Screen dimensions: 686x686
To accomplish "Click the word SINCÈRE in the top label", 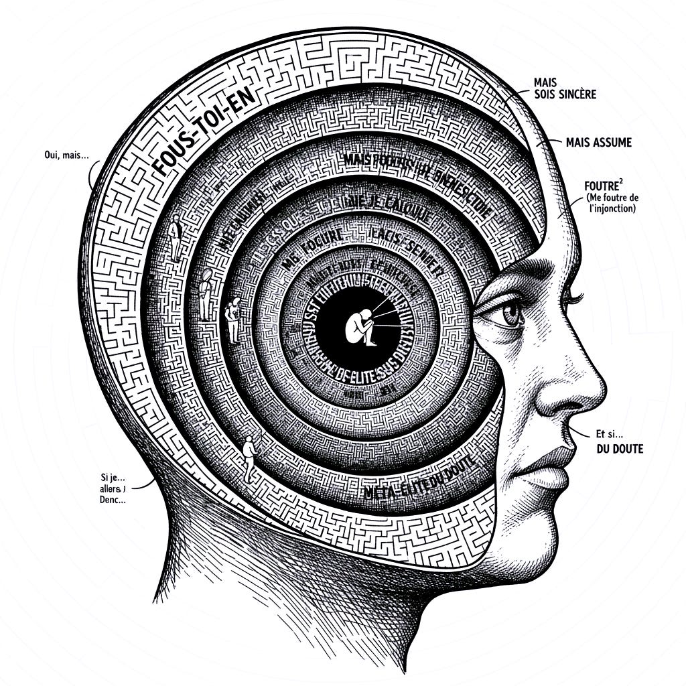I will [x=574, y=94].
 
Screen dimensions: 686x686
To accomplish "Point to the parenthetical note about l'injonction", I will [x=610, y=203].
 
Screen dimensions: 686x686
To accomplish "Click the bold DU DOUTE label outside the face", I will [x=619, y=449].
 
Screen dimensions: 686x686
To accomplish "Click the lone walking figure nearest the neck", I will [x=249, y=456].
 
